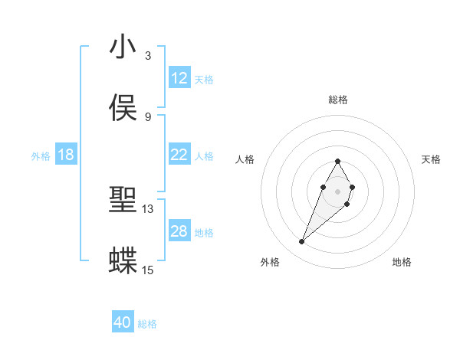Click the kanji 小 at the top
tap(123, 47)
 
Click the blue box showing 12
tap(179, 78)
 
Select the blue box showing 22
tap(179, 155)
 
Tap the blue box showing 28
tap(179, 231)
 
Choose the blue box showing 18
tap(66, 155)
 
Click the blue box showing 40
tap(123, 322)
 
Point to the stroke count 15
tap(148, 270)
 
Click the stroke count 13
tap(148, 208)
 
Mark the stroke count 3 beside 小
tap(148, 56)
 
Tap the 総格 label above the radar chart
tap(338, 100)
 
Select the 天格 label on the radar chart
tap(431, 159)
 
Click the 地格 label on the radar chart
tap(402, 262)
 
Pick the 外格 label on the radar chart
tap(270, 262)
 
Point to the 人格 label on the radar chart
tap(245, 159)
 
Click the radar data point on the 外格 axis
tap(302, 242)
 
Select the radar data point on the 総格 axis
tap(338, 161)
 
